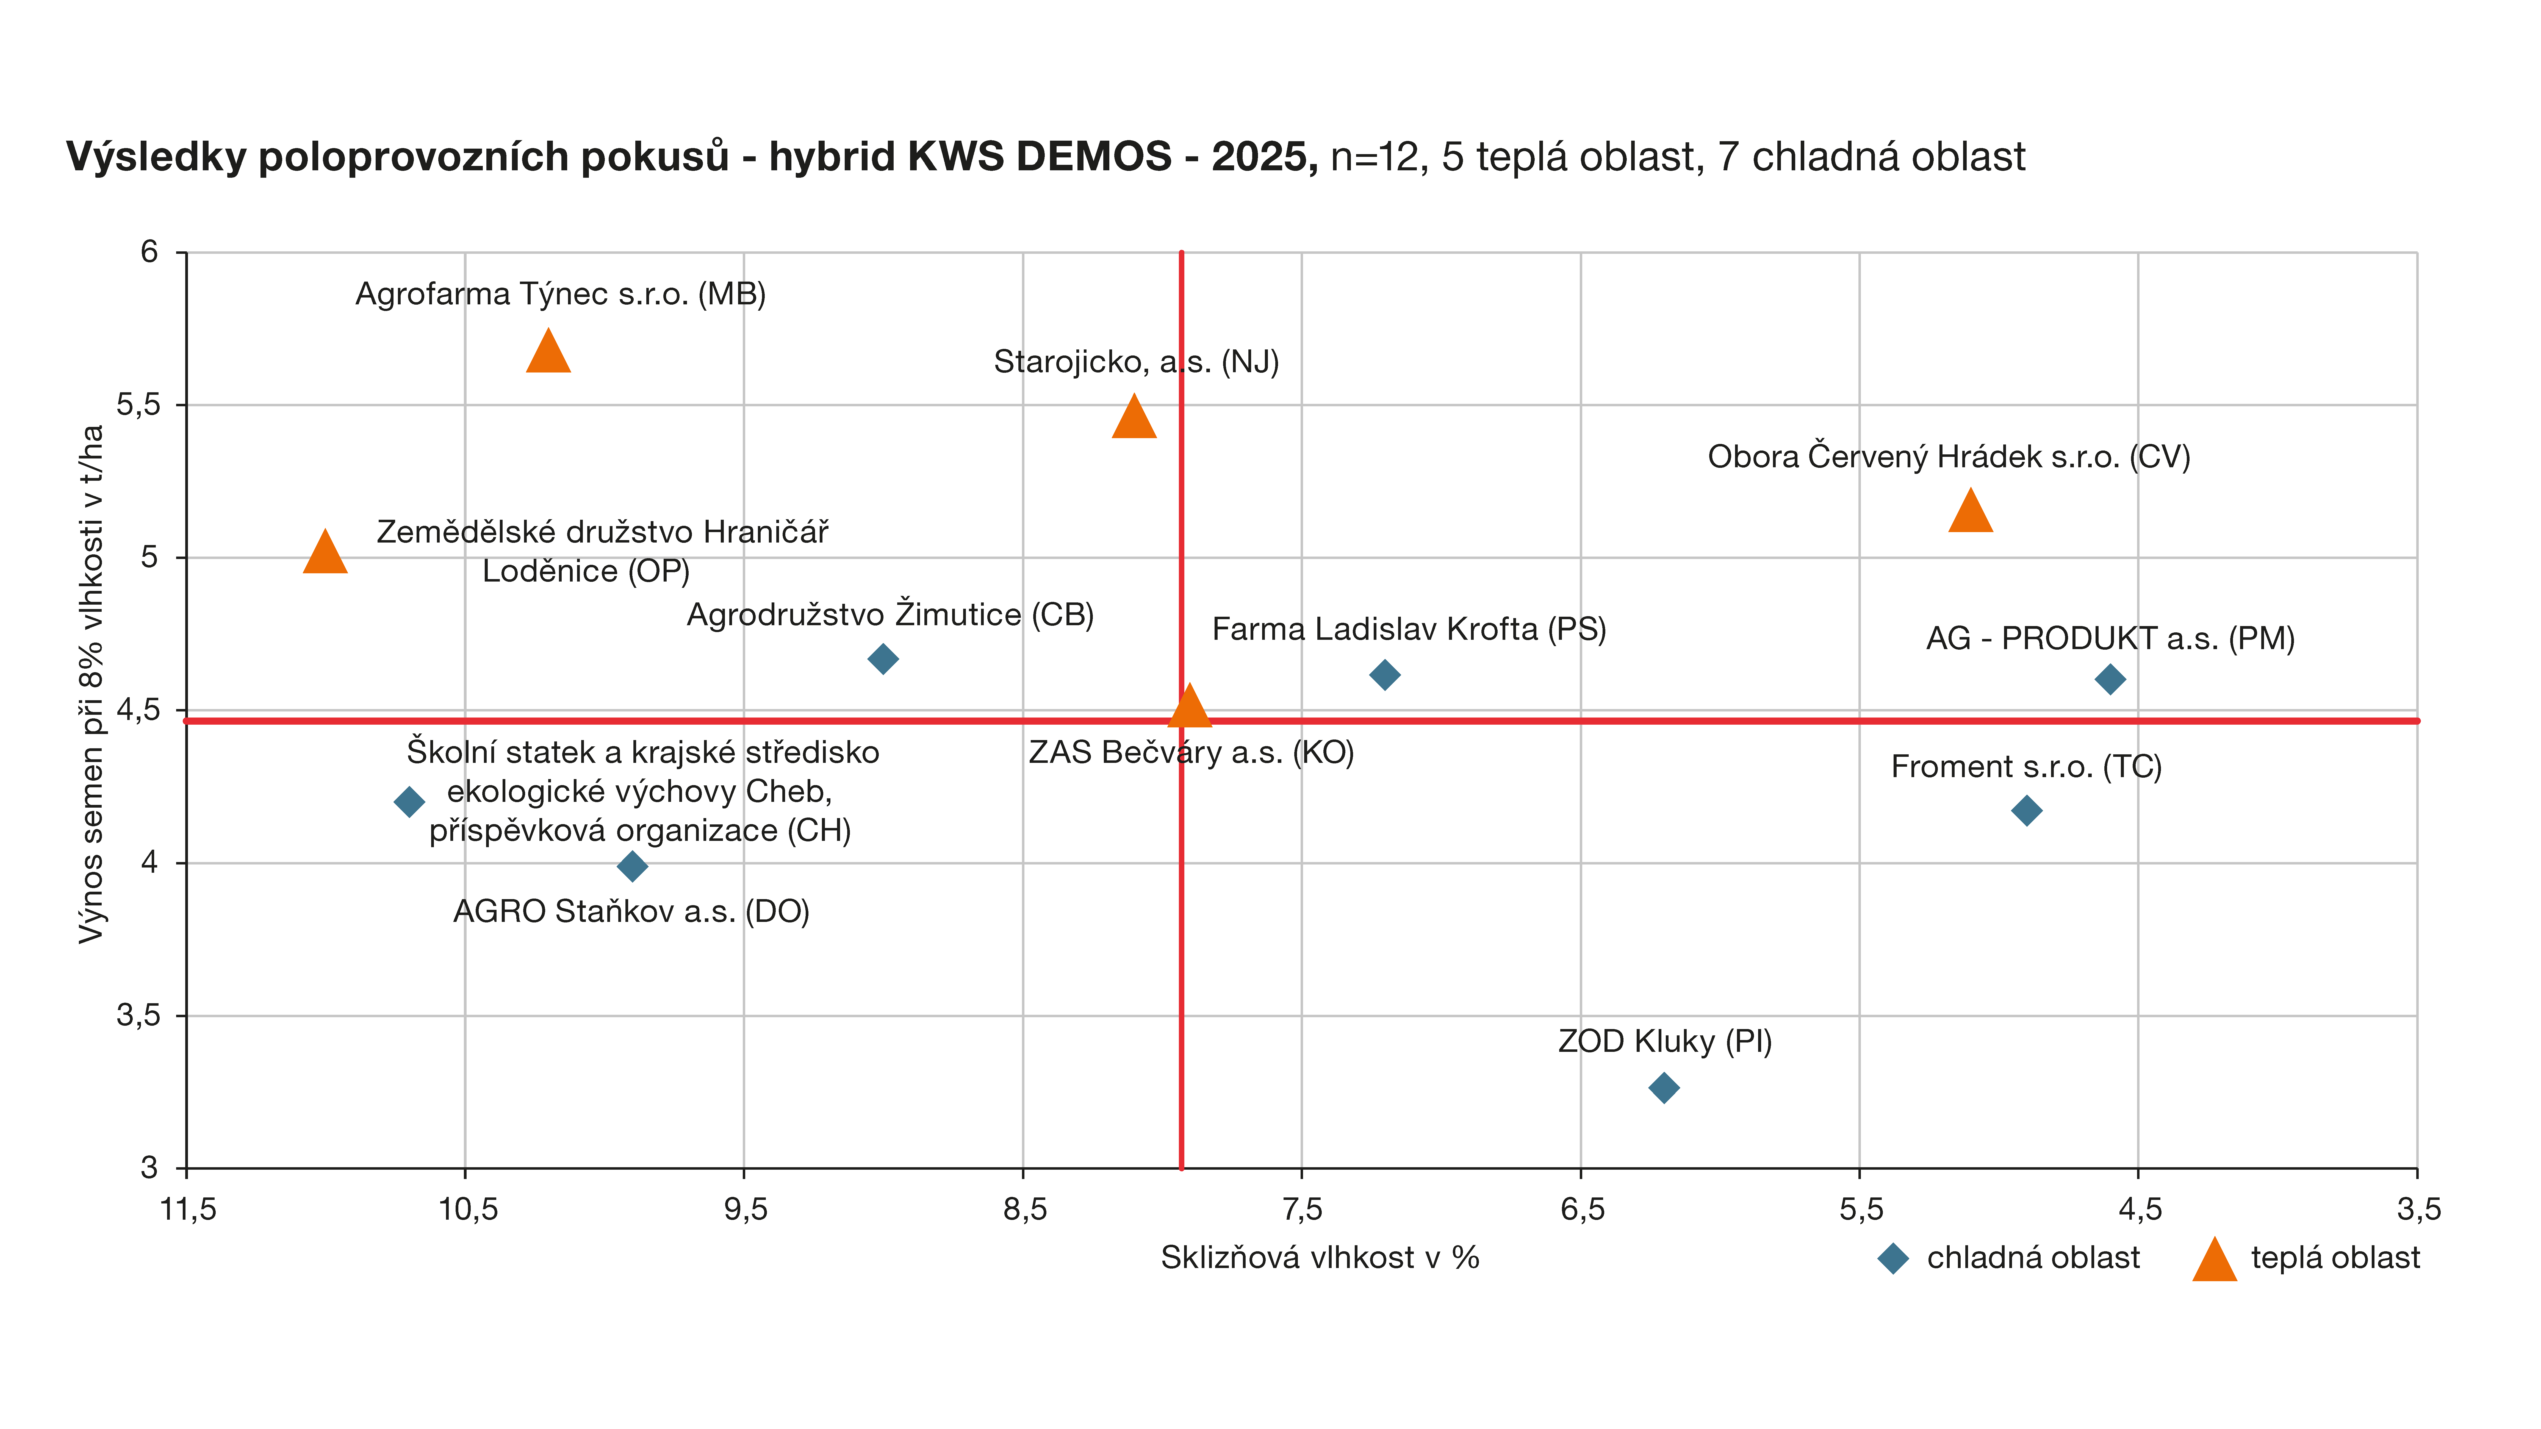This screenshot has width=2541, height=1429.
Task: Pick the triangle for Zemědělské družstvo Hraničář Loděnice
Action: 326,553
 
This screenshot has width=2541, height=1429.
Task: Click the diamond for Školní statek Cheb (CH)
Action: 409,802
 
